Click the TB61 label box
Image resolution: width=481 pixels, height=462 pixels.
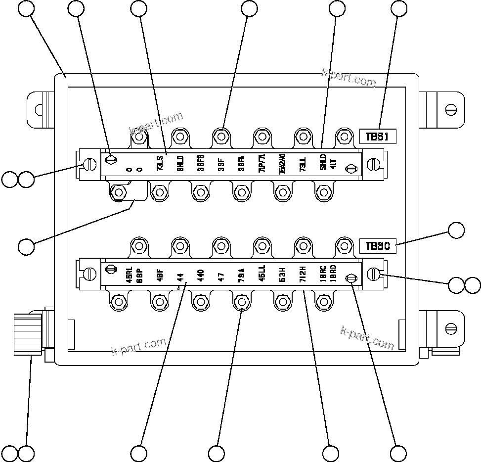tap(378, 137)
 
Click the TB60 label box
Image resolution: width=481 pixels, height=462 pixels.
tap(378, 245)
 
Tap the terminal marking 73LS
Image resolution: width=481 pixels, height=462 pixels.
tap(160, 164)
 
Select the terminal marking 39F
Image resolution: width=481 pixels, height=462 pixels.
tap(220, 164)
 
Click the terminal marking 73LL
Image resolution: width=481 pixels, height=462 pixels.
tap(303, 164)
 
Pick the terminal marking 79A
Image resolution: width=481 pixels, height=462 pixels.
tap(241, 274)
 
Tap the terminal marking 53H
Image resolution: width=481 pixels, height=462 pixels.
tap(282, 274)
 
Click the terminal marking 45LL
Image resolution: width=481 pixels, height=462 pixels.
tap(262, 274)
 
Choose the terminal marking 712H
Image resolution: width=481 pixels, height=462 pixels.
tap(303, 274)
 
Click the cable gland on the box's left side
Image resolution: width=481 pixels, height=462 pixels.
tap(28, 330)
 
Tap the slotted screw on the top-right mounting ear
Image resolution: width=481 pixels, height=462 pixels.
tap(450, 109)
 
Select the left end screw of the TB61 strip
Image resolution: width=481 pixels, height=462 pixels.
tap(89, 164)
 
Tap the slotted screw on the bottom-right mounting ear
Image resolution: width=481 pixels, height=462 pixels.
tap(450, 327)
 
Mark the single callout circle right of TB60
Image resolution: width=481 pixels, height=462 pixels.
tap(456, 231)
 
